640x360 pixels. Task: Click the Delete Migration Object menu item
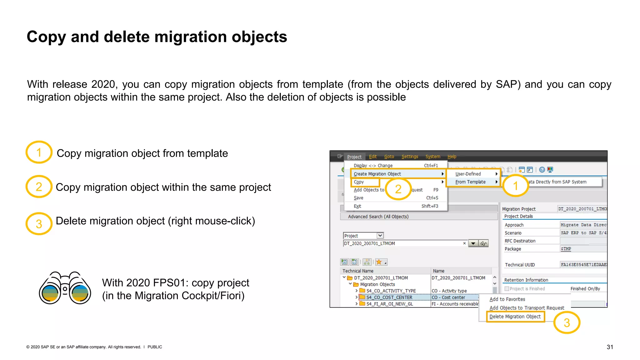pos(515,317)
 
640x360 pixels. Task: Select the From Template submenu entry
pos(470,182)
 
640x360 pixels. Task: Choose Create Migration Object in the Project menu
pos(377,174)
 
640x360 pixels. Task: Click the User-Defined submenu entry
pos(468,174)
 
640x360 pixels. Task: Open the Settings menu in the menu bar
pos(409,157)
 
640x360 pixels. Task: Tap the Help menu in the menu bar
pos(452,157)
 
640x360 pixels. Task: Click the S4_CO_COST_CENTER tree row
pos(389,297)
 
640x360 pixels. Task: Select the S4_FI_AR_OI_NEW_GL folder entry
pos(389,304)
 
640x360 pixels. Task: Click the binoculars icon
pos(65,288)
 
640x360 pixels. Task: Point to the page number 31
pos(610,347)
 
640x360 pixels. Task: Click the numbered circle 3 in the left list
pos(39,224)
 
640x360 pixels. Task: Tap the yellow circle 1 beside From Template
pos(515,186)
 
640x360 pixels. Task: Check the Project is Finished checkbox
pos(507,289)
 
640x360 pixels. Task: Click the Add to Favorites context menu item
pos(507,299)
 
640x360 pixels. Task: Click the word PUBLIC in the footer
pos(155,347)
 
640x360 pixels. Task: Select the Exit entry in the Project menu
pos(357,206)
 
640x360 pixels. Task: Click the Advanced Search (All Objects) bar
pos(378,217)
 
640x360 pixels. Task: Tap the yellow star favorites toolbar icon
pos(379,262)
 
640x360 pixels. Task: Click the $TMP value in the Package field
pos(566,249)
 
